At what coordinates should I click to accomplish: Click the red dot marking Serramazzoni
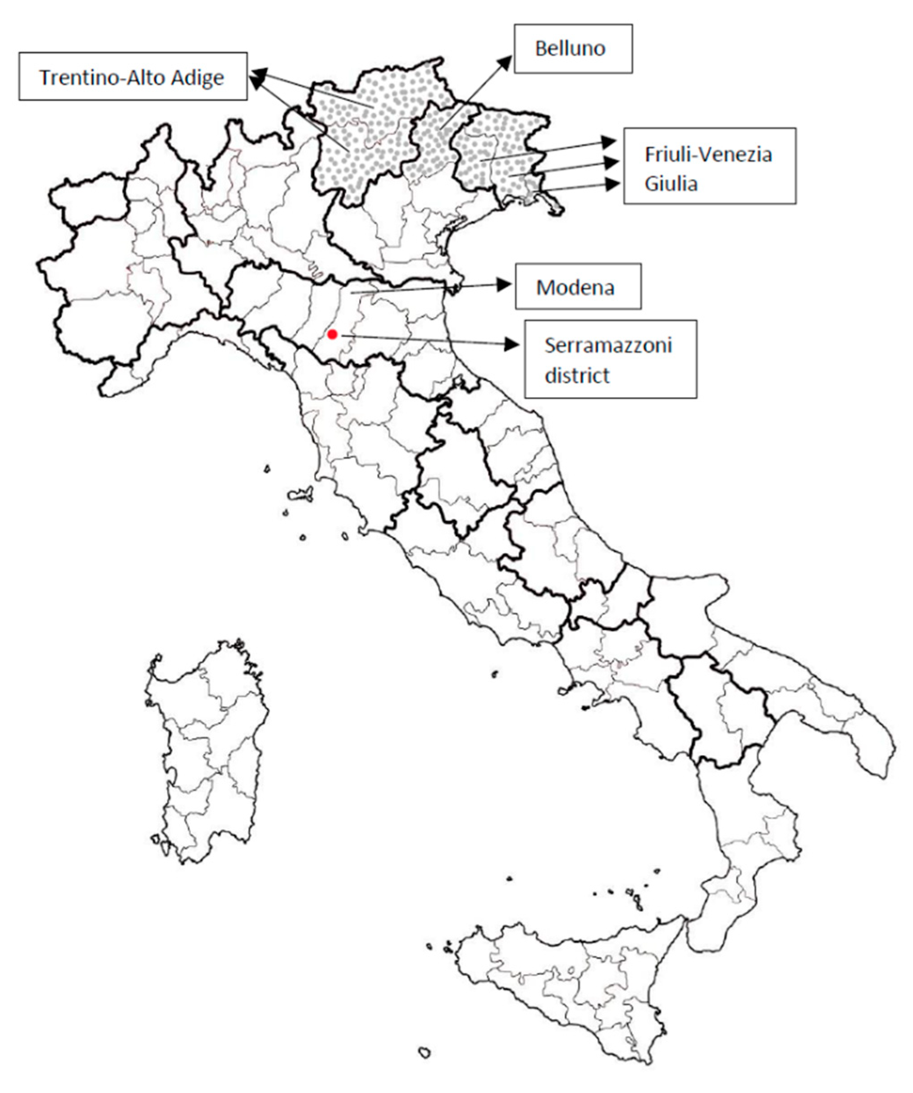tap(332, 334)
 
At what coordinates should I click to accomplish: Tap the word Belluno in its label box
tap(570, 48)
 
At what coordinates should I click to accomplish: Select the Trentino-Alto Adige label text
tap(132, 77)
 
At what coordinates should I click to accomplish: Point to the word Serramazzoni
tap(608, 345)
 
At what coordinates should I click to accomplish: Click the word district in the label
tap(577, 375)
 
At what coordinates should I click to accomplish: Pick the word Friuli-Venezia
tap(708, 154)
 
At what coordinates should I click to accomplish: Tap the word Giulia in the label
tap(671, 183)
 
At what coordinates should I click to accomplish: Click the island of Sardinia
tap(208, 750)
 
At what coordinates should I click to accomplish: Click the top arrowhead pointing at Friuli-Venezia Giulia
tap(608, 141)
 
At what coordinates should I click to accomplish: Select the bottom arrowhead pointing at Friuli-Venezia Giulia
tap(614, 184)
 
